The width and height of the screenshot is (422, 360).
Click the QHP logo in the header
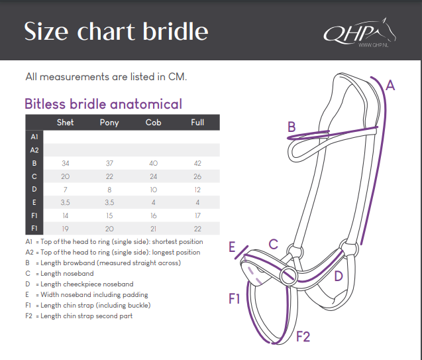[360, 32]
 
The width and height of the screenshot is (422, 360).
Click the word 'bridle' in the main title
[176, 31]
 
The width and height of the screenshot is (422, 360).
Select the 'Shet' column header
[65, 123]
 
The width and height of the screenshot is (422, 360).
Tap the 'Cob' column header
[154, 123]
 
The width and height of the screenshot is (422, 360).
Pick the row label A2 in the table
[34, 150]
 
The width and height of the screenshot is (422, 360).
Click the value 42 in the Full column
[197, 163]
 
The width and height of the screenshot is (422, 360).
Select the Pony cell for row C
[109, 176]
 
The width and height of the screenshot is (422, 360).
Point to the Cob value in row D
[154, 190]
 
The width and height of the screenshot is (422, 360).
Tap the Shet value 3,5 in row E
[65, 202]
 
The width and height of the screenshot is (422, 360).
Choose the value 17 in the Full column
[197, 215]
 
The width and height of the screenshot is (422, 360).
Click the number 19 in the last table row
[65, 229]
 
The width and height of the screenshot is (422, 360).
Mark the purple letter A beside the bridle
[390, 86]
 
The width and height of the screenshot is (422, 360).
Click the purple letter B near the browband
[291, 127]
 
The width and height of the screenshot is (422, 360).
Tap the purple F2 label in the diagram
[303, 337]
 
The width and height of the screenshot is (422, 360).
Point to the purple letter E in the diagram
[232, 247]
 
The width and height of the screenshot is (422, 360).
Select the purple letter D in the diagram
[339, 276]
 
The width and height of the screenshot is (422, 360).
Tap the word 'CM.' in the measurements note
[178, 77]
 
